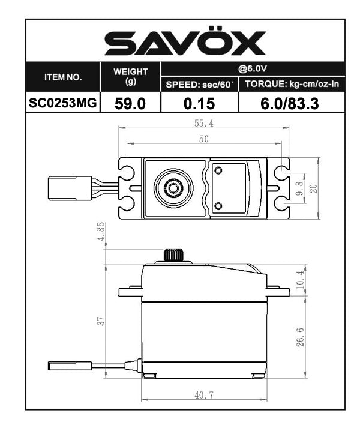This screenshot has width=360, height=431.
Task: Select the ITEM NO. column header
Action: (x=63, y=77)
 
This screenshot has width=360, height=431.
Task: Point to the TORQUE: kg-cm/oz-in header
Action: (x=292, y=85)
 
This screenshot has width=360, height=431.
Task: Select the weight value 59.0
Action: (x=131, y=103)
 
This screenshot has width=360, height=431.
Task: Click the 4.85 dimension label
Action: (x=101, y=232)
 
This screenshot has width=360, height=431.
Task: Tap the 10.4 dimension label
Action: (x=301, y=279)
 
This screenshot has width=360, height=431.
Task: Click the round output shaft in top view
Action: (x=173, y=188)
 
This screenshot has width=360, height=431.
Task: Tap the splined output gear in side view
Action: (x=173, y=254)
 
